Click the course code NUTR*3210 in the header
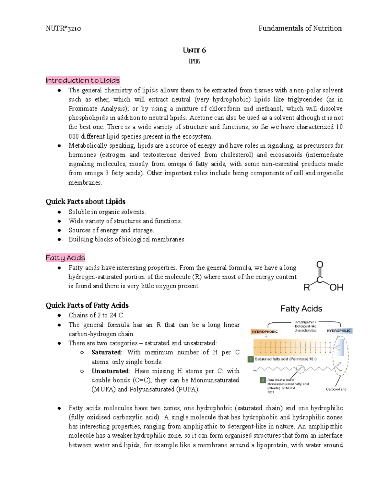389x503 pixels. tap(63, 29)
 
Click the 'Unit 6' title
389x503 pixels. tap(194, 50)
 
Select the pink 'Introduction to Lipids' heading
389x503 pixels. tap(83, 80)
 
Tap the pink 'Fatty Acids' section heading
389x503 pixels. tap(65, 258)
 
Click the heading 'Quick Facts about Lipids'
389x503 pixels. tap(86, 201)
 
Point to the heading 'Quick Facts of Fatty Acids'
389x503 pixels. tap(87, 305)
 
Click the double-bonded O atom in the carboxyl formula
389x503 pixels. tap(320, 265)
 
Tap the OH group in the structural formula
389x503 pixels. tap(336, 287)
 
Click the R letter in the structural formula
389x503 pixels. tap(307, 287)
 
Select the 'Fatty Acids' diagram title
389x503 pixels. tap(301, 309)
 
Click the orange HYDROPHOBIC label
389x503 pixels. tap(265, 332)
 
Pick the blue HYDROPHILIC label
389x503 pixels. tap(339, 331)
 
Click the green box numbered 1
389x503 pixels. tap(251, 359)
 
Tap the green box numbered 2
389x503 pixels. tap(263, 380)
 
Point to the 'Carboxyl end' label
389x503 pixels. tap(336, 389)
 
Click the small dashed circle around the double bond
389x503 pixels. tap(300, 368)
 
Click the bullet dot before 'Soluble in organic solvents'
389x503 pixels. tap(59, 212)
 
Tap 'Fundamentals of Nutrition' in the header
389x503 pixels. tap(300, 29)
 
